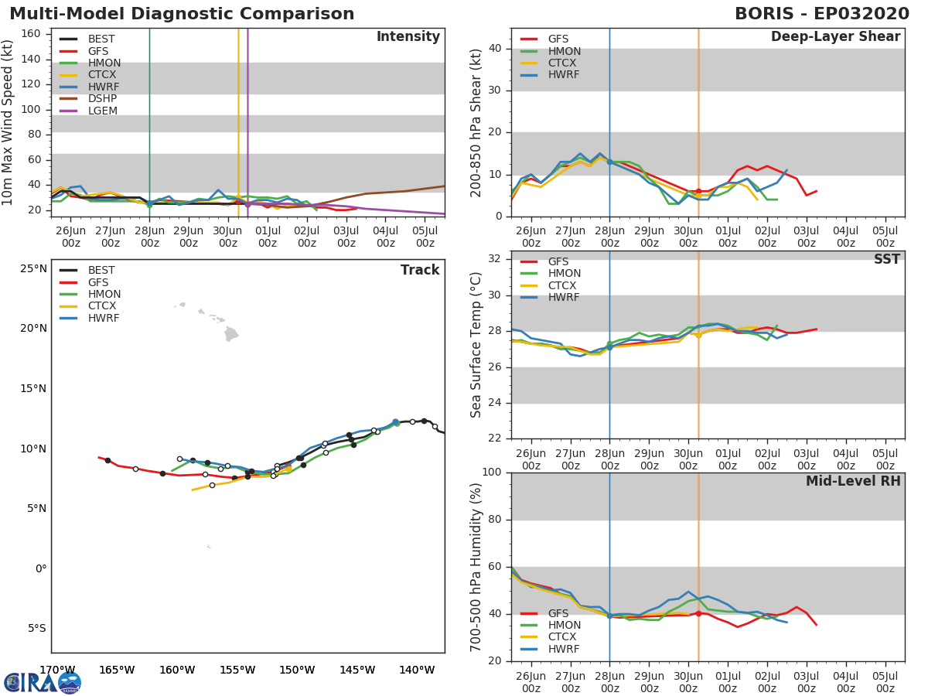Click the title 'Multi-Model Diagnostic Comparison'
182,14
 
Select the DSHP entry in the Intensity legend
101,98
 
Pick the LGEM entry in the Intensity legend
101,111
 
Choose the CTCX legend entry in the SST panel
564,285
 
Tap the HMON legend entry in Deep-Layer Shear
564,51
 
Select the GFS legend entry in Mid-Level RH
563,613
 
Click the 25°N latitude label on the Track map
34,269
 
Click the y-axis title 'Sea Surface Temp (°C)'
476,345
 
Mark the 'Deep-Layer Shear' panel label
835,37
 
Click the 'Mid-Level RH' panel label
853,482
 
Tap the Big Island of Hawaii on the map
231,333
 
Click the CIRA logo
43,682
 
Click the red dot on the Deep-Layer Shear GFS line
698,191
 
